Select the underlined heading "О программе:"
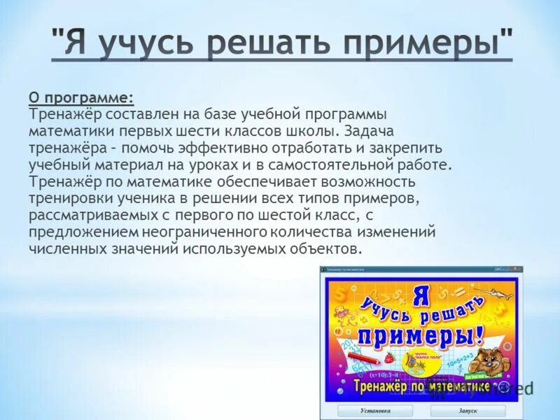pos(81,97)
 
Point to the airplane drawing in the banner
pos(500,292)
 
